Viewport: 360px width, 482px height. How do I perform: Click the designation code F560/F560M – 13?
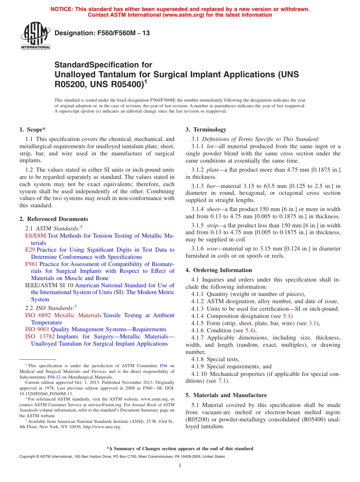[x=102, y=33]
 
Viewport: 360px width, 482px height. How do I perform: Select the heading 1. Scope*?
[x=33, y=130]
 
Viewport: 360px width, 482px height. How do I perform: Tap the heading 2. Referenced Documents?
[x=54, y=219]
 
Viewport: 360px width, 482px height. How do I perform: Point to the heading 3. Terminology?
[x=206, y=130]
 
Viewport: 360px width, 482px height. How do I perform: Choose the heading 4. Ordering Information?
[x=219, y=270]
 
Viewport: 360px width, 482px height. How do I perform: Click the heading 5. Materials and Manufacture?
[x=226, y=395]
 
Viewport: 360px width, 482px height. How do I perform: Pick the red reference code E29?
[x=30, y=250]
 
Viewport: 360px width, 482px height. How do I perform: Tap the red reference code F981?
[x=31, y=264]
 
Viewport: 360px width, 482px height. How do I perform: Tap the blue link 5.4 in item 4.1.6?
[x=249, y=330]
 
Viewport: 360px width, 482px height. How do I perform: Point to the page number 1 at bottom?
[x=180, y=466]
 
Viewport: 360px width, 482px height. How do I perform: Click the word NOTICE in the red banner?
[x=63, y=9]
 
